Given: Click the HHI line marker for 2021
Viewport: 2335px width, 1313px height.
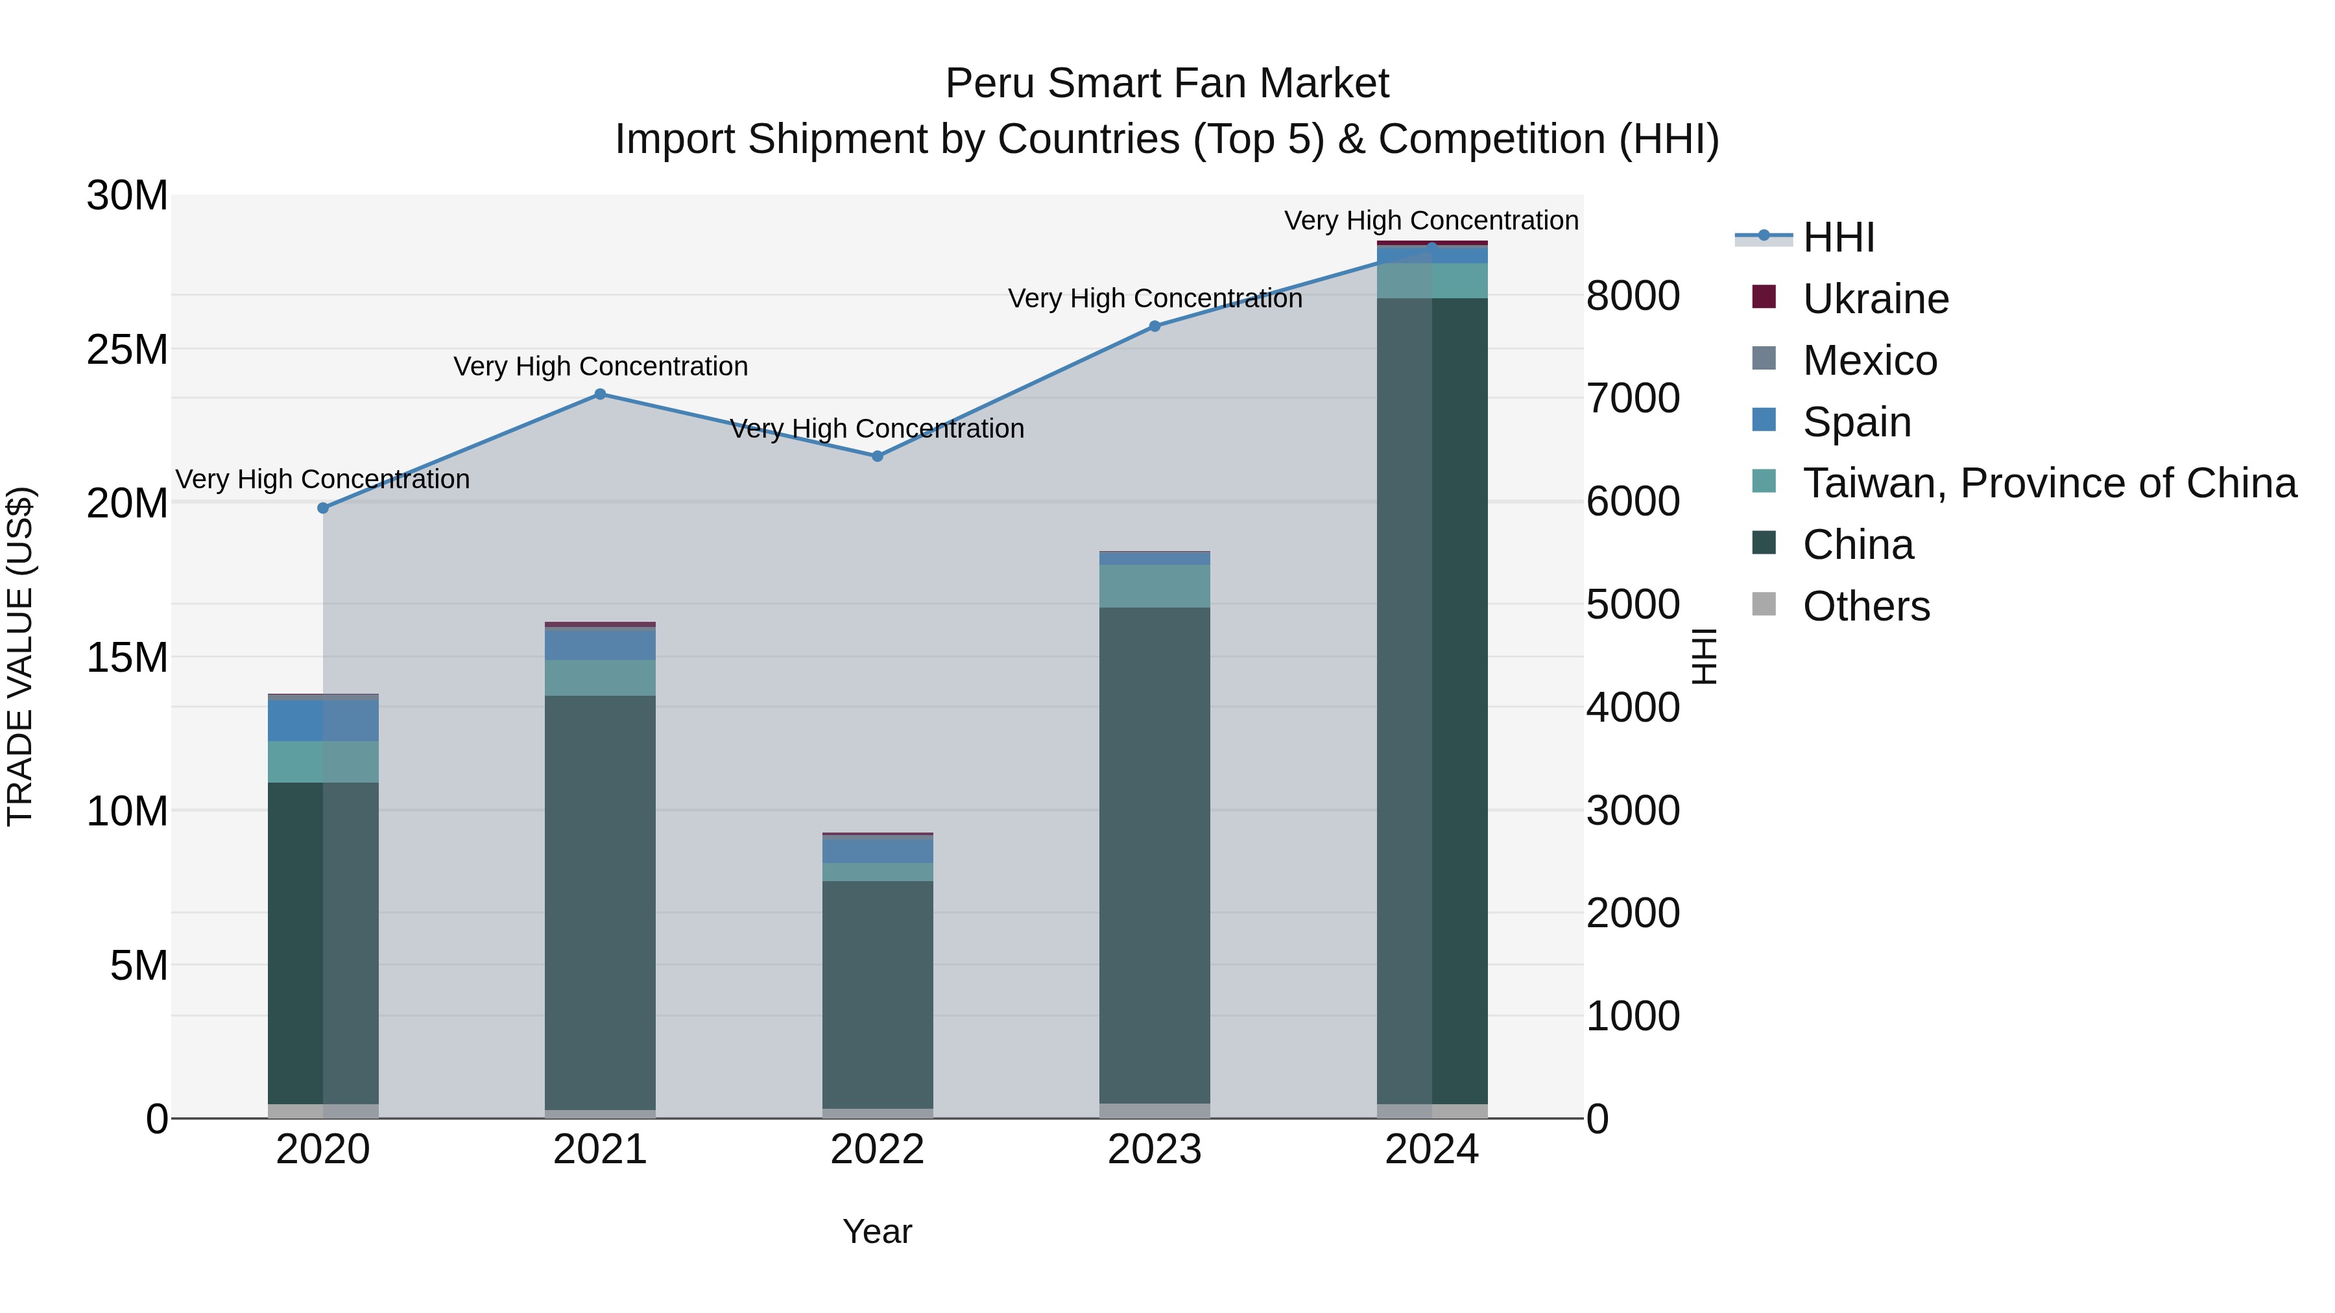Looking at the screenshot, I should tap(600, 394).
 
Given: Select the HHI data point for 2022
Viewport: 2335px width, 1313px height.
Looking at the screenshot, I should tap(878, 456).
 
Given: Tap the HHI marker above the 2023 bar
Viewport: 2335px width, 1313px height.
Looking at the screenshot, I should tap(1155, 326).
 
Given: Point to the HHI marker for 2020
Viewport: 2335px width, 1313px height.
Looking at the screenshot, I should tap(323, 508).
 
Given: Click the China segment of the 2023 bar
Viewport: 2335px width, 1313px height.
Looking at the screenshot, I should tap(1155, 852).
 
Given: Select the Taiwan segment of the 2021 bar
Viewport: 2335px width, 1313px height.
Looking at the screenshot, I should tap(600, 678).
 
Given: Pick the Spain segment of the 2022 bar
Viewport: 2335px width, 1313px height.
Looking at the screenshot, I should tap(878, 851).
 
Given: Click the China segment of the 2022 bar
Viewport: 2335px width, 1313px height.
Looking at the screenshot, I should tap(878, 992).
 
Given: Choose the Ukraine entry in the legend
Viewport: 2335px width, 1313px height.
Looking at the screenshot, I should tap(1874, 299).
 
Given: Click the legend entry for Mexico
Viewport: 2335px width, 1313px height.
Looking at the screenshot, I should tap(1869, 361).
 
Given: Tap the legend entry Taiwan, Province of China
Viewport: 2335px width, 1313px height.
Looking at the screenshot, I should tap(2048, 483).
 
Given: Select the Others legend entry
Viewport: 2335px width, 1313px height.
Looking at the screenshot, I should tap(1865, 606).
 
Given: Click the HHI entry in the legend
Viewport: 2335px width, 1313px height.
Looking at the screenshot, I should tap(1838, 237).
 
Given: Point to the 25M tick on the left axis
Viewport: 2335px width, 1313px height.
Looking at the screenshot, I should tap(128, 349).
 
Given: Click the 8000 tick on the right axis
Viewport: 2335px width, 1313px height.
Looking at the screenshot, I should tap(1633, 296).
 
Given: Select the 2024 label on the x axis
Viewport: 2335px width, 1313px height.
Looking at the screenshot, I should tap(1431, 1150).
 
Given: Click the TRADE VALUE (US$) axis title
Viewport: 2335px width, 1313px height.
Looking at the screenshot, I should tap(21, 656).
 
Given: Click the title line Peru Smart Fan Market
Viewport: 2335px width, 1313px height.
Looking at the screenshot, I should tap(1167, 84).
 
